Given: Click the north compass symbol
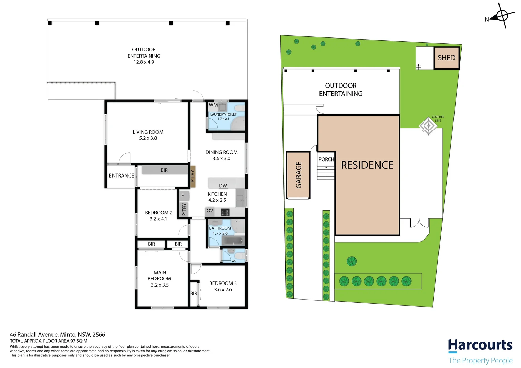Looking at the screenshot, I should tap(502, 16).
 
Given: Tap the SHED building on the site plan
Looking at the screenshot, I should tap(446, 58).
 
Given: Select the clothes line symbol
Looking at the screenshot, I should tap(428, 126).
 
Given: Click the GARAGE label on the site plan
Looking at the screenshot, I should tap(299, 175).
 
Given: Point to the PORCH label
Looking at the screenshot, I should tap(326, 159).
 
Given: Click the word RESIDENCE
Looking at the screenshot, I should tap(367, 165).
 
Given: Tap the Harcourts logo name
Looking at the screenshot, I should tap(480, 346).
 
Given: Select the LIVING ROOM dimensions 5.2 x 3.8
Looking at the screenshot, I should tap(148, 138).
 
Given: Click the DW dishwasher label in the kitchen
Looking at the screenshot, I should tap(223, 186).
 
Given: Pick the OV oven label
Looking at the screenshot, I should tap(210, 211).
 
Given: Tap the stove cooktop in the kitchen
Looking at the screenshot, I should tap(225, 213).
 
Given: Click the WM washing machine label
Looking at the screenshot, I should tap(213, 105).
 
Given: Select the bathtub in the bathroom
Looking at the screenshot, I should tap(234, 241).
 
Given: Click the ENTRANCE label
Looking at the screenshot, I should tap(121, 176).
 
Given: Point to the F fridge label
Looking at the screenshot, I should tap(183, 196).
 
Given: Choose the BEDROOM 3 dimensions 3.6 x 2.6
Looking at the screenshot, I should tap(223, 290).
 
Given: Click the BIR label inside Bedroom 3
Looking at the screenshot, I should tap(194, 293).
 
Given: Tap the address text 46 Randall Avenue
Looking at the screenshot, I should tap(57, 335).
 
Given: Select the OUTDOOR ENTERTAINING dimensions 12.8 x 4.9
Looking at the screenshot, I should tap(144, 62).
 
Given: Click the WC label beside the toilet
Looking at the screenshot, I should tap(234, 261).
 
